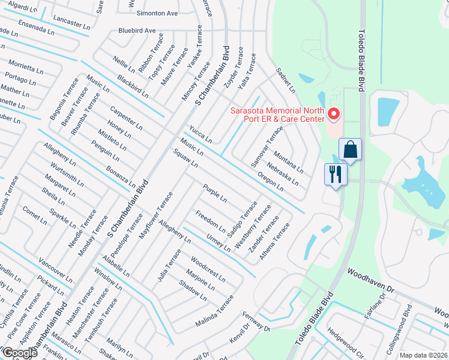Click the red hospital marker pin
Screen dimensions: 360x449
click(x=334, y=113)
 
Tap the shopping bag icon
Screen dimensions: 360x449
click(x=350, y=149)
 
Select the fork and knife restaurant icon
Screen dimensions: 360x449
click(x=334, y=175)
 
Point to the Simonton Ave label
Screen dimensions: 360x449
click(x=157, y=13)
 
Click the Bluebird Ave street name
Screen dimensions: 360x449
click(x=137, y=30)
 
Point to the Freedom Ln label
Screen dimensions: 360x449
click(x=210, y=222)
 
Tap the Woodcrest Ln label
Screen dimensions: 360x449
click(x=208, y=270)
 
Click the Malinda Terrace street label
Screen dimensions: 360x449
click(x=214, y=311)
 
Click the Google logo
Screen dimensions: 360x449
click(x=20, y=352)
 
